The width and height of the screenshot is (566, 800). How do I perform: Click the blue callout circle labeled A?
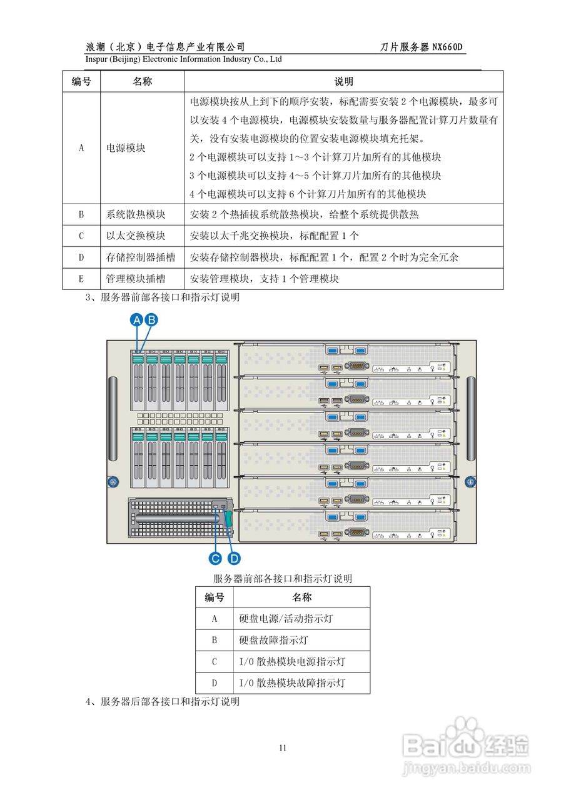pos(137,320)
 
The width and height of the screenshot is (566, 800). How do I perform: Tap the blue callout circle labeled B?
pos(151,320)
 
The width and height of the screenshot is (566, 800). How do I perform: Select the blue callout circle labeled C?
pos(215,558)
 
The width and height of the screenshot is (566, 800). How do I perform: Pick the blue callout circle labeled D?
pos(235,558)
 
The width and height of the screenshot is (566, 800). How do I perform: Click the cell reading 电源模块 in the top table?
pos(126,148)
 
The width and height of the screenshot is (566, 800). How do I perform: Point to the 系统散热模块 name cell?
pos(136,214)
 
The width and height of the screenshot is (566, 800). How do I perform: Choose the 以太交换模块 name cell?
pos(136,236)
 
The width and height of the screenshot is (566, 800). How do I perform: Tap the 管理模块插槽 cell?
pos(136,279)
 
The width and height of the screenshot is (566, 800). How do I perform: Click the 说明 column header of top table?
pos(343,81)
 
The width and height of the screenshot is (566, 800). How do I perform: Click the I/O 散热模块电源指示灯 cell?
pos(292,661)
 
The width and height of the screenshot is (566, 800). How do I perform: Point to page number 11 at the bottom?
pos(283,747)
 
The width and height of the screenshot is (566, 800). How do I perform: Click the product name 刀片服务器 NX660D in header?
pos(423,47)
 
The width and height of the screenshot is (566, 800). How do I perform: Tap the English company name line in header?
pos(183,59)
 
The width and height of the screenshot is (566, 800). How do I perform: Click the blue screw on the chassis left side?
pos(113,482)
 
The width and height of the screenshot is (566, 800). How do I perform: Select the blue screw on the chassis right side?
pos(470,482)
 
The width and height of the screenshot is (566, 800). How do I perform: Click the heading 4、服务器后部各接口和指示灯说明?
pos(162,702)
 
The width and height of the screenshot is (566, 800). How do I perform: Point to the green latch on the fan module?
pos(229,520)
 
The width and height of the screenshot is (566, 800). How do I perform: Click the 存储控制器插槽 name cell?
pos(141,257)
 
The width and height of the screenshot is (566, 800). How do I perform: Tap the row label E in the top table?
pos(81,279)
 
